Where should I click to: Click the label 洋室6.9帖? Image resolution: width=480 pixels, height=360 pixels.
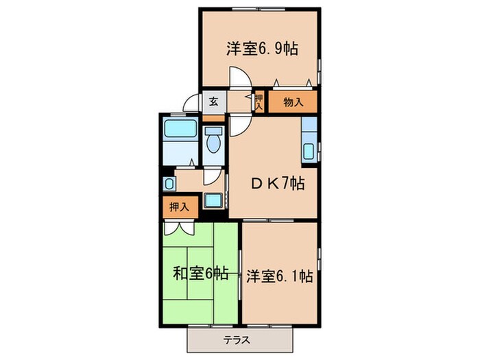click(262, 49)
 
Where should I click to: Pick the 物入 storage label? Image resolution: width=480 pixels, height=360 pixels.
click(293, 102)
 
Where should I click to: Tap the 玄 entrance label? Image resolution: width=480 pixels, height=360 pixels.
click(213, 102)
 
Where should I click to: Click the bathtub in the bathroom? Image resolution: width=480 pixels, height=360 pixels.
click(180, 128)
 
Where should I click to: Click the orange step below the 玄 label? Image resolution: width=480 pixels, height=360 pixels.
click(213, 118)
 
